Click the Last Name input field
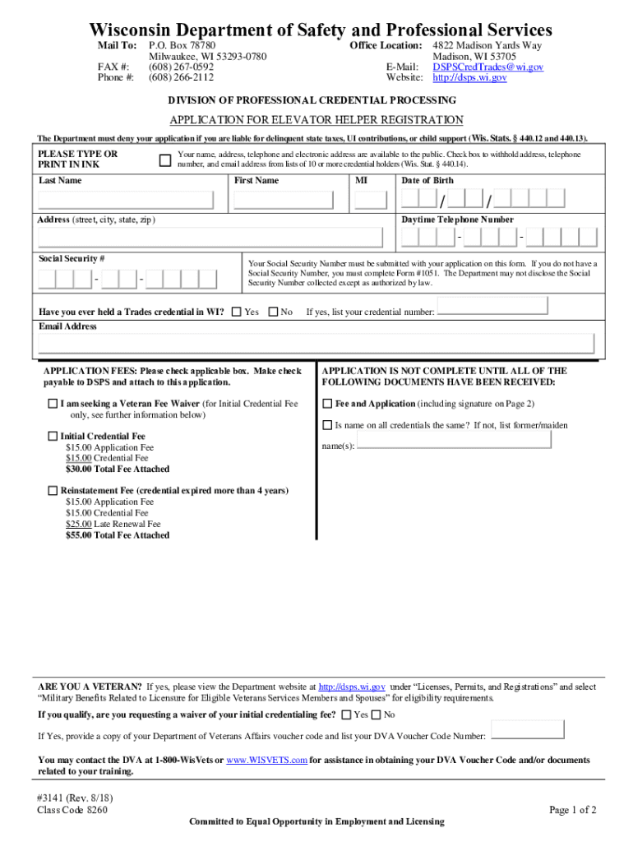point(130,200)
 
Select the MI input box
point(370,200)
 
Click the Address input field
point(210,238)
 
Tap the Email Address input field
point(316,344)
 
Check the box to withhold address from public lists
point(164,160)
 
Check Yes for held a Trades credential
point(236,312)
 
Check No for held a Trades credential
point(273,312)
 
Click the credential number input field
point(492,306)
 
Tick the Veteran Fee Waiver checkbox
point(53,404)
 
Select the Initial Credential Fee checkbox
point(53,437)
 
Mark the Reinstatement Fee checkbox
point(53,491)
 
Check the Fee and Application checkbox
point(327,404)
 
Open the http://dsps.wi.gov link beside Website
point(469,77)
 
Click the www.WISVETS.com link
point(266,760)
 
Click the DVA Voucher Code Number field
point(527,729)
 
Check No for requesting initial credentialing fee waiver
point(377,715)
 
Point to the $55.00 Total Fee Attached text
point(117,535)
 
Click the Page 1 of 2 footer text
point(572,810)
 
